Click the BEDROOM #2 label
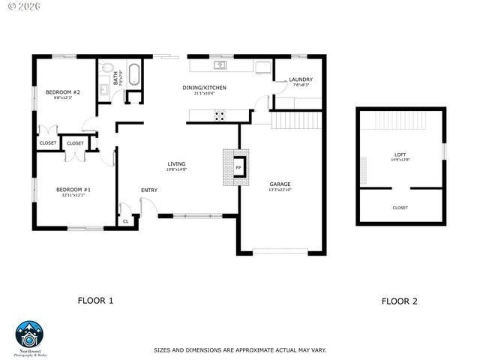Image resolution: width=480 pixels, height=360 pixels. [x=62, y=92]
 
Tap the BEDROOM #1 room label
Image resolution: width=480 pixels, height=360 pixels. [x=73, y=190]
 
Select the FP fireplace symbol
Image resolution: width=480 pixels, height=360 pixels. [x=239, y=167]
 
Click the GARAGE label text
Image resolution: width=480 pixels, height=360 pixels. [x=280, y=184]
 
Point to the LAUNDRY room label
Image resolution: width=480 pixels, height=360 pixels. [x=301, y=79]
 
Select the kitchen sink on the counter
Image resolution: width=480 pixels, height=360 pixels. [x=220, y=65]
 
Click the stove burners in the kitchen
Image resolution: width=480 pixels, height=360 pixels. [x=220, y=115]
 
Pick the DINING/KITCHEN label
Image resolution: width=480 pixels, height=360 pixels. [x=204, y=88]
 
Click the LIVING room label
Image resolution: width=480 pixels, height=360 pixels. [x=176, y=163]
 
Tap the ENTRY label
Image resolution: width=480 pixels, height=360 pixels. [x=149, y=190]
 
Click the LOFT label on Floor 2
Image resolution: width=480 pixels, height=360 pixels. [x=399, y=154]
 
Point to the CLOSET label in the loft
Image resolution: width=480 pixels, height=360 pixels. [x=400, y=208]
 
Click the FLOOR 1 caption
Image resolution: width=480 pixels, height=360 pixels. [x=96, y=301]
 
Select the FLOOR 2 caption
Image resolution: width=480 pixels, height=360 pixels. [x=399, y=301]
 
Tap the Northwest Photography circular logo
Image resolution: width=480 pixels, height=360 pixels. [x=30, y=334]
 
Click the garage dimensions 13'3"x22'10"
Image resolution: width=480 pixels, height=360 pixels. [x=280, y=190]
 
